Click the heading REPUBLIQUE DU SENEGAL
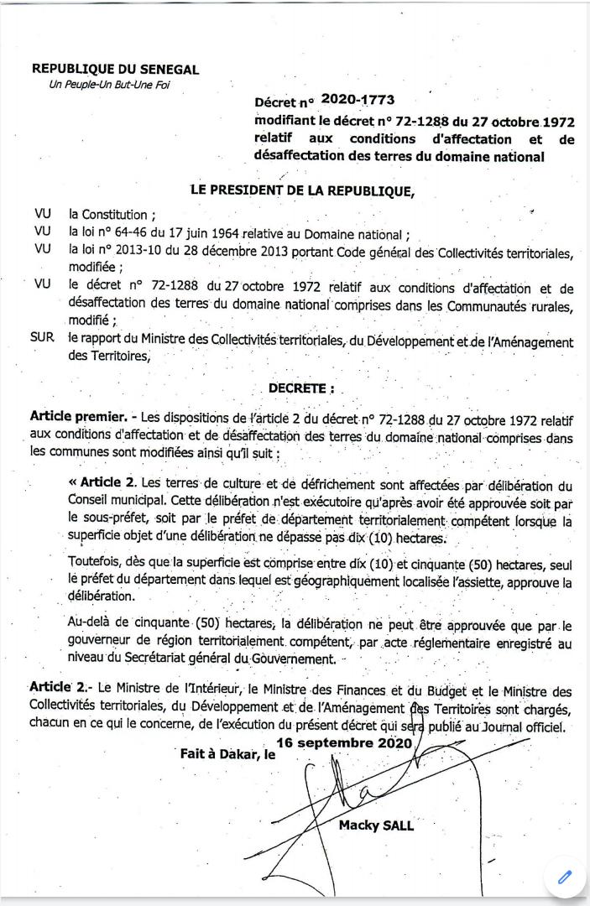pos(115,70)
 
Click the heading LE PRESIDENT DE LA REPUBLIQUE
pos(303,190)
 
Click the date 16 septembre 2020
pos(343,742)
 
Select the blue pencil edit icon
pos(565,876)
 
